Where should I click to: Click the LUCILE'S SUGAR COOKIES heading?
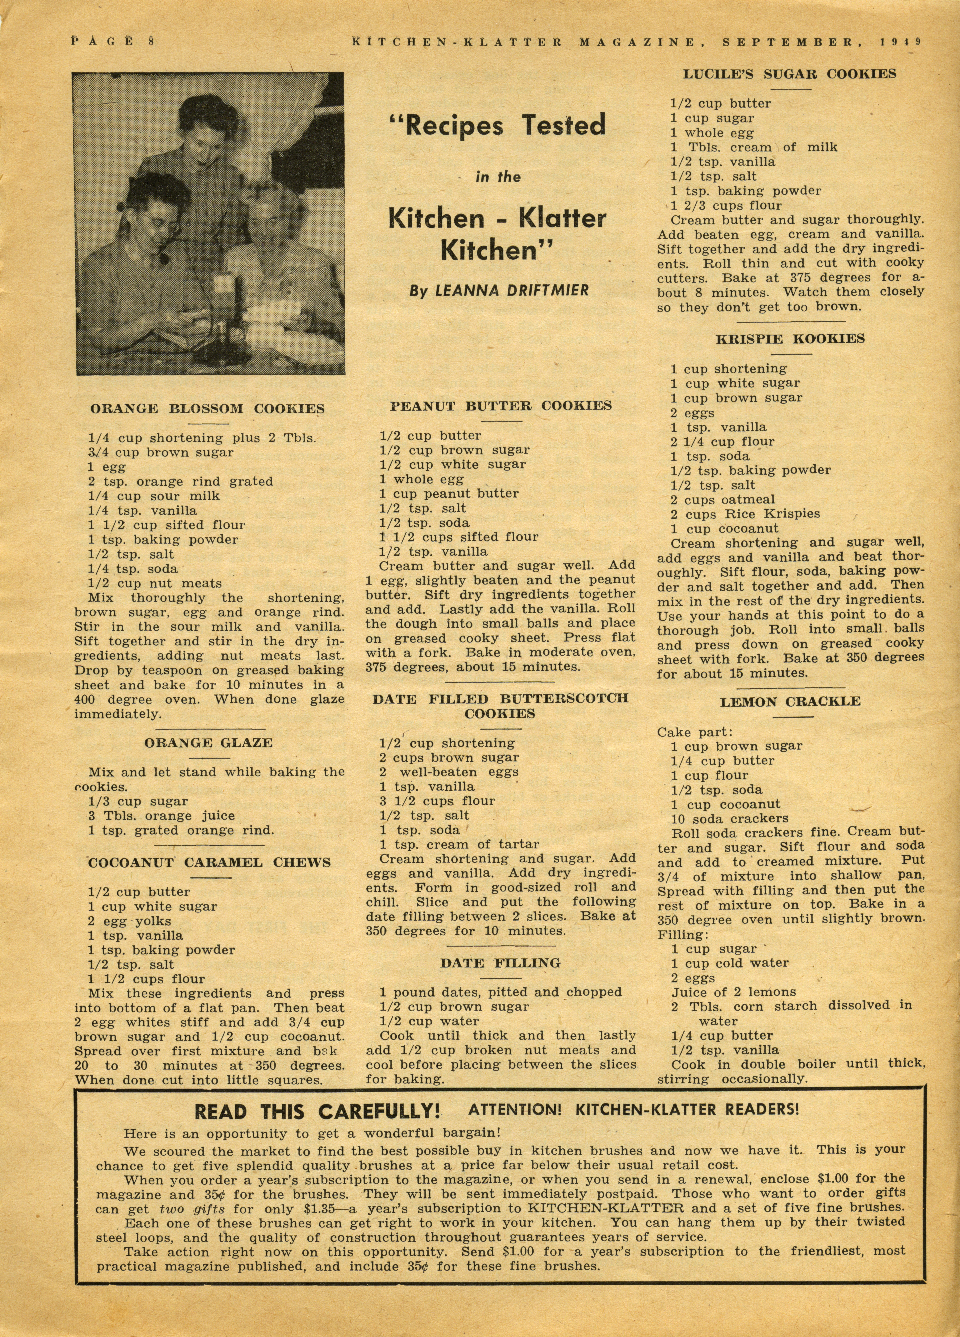pyautogui.click(x=790, y=74)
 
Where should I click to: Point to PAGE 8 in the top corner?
pyautogui.click(x=112, y=41)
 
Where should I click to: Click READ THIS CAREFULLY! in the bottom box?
pyautogui.click(x=317, y=1112)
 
